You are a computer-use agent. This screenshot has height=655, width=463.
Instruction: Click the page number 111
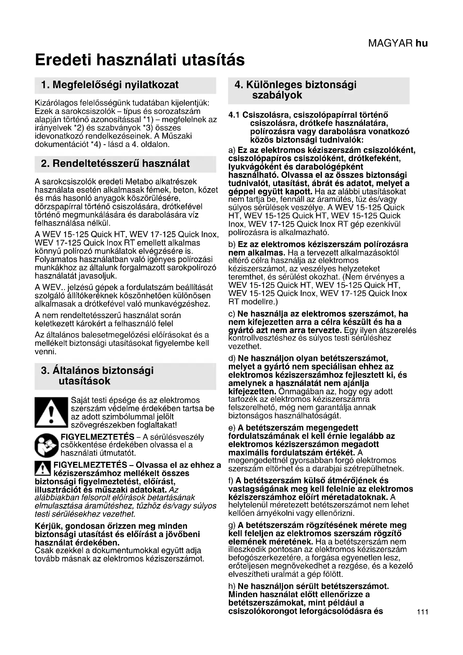pos(422,612)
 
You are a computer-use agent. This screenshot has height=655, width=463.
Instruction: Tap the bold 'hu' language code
pos(422,43)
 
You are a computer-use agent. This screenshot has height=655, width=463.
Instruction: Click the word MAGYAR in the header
pos(390,43)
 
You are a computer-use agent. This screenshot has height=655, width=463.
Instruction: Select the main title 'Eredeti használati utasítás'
pos(140,60)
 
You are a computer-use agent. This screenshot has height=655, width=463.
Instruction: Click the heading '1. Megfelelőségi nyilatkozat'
pos(110,85)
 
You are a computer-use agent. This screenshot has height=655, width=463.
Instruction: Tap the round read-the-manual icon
pos(46,445)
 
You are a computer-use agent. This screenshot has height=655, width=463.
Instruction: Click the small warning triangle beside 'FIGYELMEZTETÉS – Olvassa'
pos(43,468)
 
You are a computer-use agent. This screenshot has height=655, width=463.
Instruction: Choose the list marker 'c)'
pos(232,314)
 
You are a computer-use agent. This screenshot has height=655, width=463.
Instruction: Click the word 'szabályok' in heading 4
pos(277,95)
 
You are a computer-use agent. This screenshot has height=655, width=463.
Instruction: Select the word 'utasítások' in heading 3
pos(84,381)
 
